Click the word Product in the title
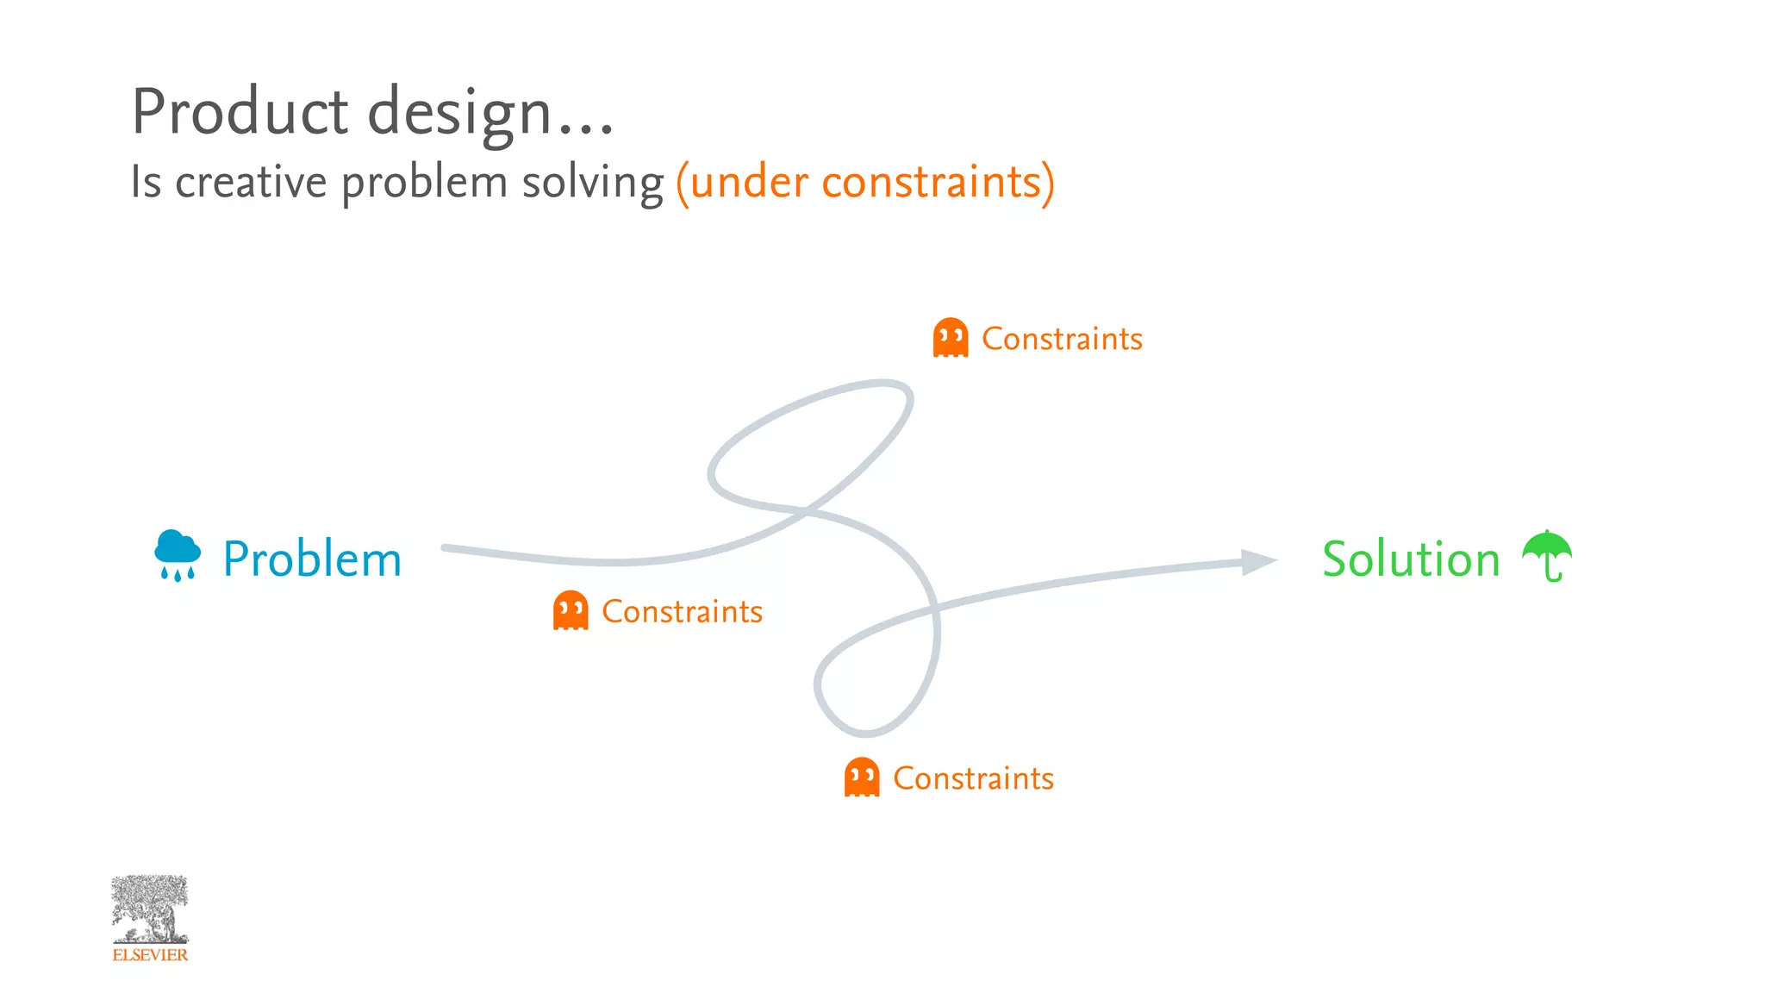pos(240,112)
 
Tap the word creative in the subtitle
pos(251,182)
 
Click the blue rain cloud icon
pos(178,554)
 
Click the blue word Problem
pos(312,559)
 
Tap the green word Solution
pos(1411,559)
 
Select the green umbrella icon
pos(1547,554)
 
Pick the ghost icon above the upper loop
pos(951,337)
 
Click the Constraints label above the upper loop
pos(1062,339)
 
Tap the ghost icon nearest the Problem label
pos(571,610)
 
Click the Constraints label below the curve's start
pos(682,611)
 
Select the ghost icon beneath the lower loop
pos(862,777)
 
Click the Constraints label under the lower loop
pos(973,778)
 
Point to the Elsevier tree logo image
pos(150,909)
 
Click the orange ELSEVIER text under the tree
pos(150,955)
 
